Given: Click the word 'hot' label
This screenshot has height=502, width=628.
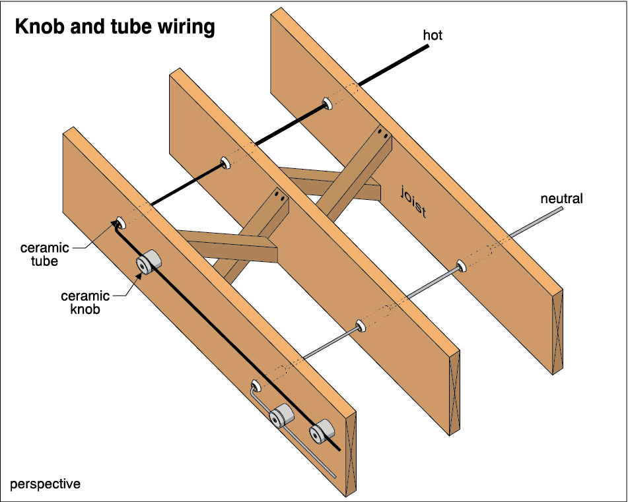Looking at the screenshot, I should coord(433,36).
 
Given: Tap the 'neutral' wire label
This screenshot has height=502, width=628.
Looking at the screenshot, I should coord(561,199).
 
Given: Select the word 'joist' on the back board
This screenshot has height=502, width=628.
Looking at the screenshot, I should coord(413,202).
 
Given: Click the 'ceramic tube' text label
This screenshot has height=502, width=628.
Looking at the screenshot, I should coord(44,254).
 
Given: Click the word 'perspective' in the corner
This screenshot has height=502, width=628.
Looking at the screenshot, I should coord(45,484).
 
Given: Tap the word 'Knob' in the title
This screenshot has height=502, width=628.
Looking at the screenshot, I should coord(39,27).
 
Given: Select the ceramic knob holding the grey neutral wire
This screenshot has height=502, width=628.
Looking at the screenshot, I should coord(281,416).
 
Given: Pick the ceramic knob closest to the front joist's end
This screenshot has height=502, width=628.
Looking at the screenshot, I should coord(322,431).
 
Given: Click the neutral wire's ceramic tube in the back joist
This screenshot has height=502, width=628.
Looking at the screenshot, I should coord(461,266).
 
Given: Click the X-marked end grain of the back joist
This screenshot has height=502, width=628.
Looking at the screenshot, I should coord(557,332).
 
